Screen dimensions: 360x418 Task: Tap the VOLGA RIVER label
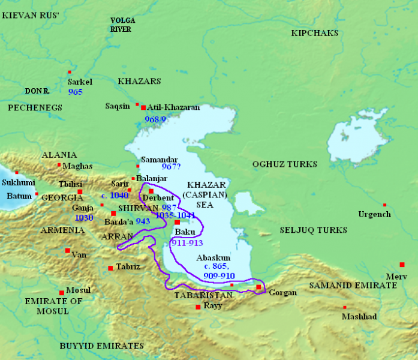[122, 25]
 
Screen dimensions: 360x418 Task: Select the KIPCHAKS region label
[315, 33]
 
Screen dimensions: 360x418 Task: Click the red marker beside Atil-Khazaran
[143, 107]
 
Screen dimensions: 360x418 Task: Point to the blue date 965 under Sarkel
[76, 92]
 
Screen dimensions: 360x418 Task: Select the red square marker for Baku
[177, 223]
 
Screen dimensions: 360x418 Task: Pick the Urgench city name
[374, 214]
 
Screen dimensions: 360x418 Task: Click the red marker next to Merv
[402, 265]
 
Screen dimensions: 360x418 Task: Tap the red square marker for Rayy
[198, 307]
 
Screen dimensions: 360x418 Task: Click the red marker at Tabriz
[110, 268]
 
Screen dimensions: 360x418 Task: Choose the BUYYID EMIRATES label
[102, 346]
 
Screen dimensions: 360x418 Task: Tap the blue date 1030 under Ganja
[84, 218]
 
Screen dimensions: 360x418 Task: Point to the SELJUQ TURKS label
[314, 230]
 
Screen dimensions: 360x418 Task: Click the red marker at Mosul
[62, 293]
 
